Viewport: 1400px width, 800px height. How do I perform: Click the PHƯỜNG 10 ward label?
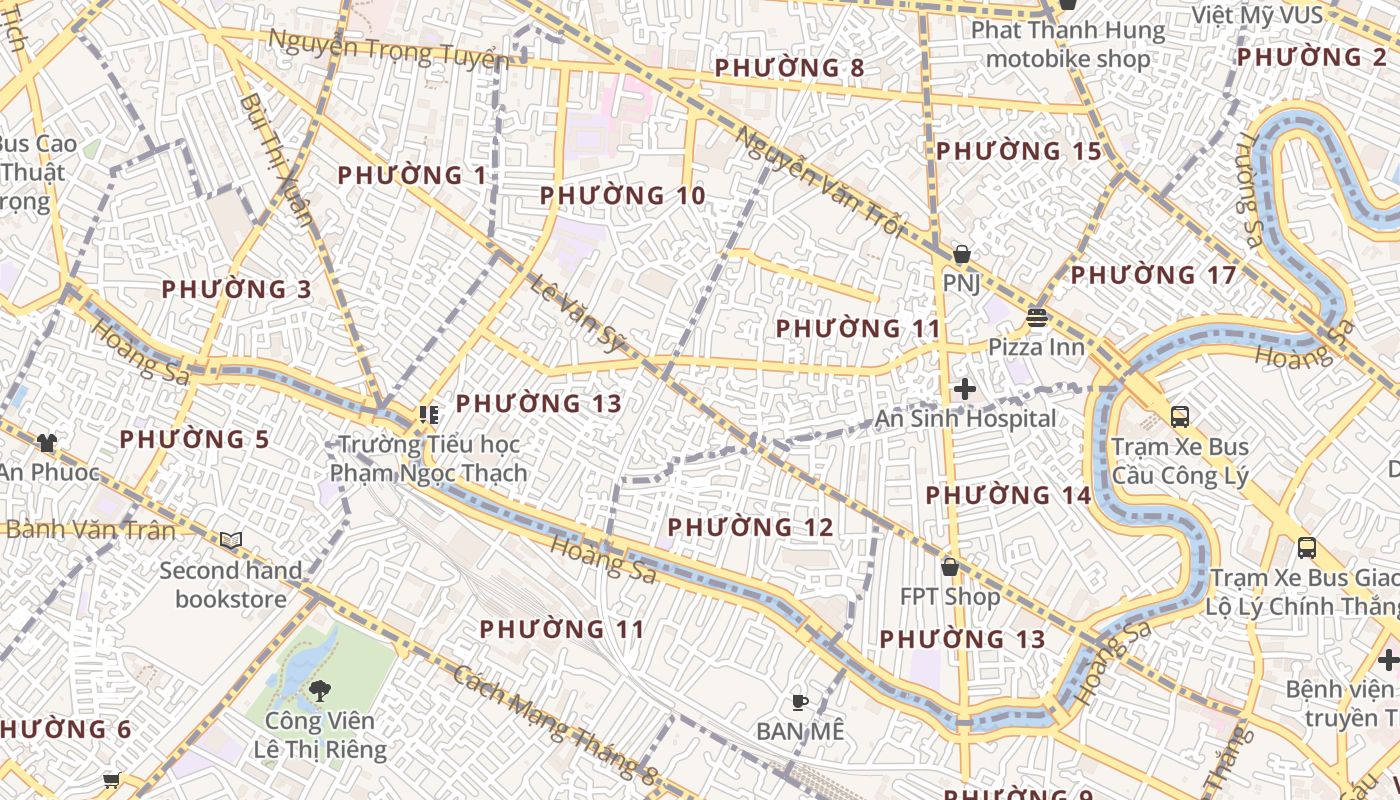pos(623,195)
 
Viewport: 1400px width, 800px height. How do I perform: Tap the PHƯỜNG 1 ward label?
pos(412,176)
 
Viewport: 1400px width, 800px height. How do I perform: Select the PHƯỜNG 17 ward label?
pos(1154,274)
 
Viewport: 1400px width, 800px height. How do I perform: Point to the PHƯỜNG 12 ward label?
pos(750,526)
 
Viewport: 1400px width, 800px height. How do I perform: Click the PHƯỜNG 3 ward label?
pos(237,289)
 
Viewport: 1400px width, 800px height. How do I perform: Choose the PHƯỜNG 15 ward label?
pos(1019,151)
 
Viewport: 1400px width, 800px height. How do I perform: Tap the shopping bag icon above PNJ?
pos(961,255)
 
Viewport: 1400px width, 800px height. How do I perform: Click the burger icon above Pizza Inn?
pos(1036,319)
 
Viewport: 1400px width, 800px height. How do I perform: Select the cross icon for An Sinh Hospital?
pos(965,389)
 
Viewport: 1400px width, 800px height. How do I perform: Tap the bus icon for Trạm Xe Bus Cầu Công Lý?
pos(1180,416)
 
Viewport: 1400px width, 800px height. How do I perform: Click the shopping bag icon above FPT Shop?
pos(949,567)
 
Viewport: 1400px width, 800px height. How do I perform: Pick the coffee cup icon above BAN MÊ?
pos(799,702)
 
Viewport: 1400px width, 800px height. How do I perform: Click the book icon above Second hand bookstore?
pos(231,541)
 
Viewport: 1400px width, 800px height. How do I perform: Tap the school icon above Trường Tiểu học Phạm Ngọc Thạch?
pos(429,414)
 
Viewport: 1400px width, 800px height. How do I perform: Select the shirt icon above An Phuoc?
pos(46,442)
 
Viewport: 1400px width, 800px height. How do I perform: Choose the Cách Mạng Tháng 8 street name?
pos(554,723)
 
